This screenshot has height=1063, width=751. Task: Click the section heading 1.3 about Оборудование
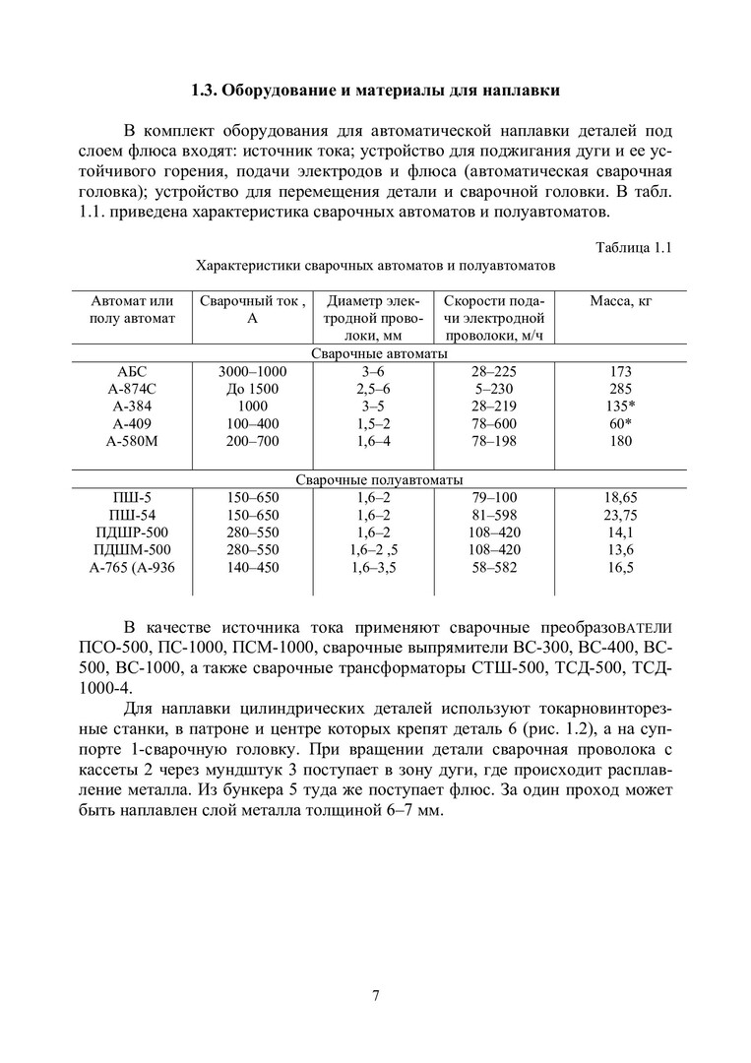click(375, 92)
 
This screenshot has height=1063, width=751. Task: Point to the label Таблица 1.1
click(634, 247)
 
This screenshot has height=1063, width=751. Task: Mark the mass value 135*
click(620, 406)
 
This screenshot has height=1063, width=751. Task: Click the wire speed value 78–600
click(494, 424)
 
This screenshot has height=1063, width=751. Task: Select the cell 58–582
click(494, 568)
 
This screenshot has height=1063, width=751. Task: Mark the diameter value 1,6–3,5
click(374, 568)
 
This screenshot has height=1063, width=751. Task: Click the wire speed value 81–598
click(494, 515)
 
